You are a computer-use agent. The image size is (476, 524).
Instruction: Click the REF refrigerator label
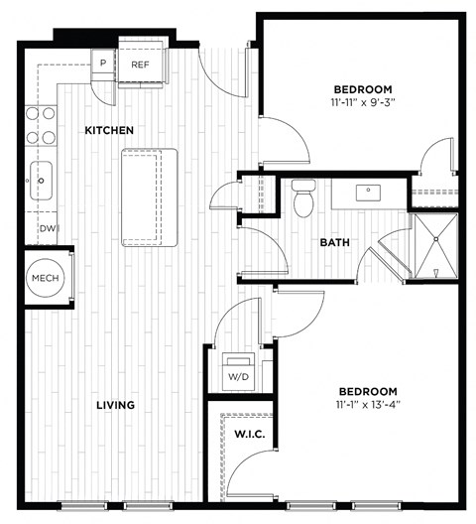(x=139, y=65)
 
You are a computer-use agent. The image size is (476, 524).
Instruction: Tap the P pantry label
(x=103, y=65)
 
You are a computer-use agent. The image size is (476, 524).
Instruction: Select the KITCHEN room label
(x=108, y=131)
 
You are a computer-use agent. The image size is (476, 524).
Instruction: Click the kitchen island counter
(x=149, y=197)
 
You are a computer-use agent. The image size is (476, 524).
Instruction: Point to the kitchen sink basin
(x=42, y=181)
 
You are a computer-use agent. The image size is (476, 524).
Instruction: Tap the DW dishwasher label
(x=46, y=229)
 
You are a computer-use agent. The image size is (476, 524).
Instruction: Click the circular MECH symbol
(x=44, y=279)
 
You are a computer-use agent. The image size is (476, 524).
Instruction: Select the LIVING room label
(x=116, y=405)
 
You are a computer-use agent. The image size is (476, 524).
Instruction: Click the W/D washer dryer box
(x=238, y=372)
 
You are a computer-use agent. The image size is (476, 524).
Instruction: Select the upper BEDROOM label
(x=362, y=88)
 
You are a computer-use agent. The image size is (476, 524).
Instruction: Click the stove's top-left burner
(x=30, y=114)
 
